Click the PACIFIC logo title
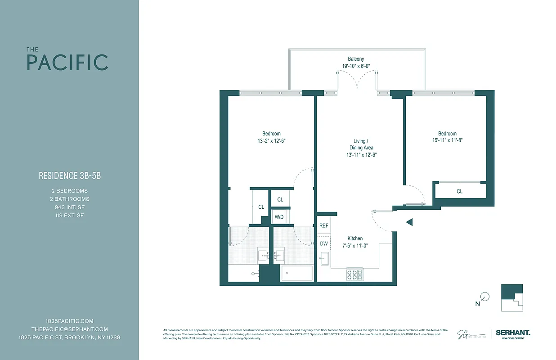coord(67,62)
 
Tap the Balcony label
coord(355,59)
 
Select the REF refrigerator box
coord(323,225)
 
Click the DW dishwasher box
coord(323,243)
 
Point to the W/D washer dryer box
coord(279,217)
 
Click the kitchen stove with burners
coord(354,274)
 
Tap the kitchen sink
coord(325,258)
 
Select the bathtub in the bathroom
coord(296,273)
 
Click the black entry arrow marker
coord(409,222)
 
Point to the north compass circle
coord(485,297)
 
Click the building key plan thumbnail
coord(512,297)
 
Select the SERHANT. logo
coord(513,333)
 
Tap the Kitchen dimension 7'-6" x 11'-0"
coord(355,246)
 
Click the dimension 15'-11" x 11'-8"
coord(447,140)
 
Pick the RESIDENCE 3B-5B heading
coord(70,176)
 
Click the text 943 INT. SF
coord(70,207)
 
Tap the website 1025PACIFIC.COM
coord(70,321)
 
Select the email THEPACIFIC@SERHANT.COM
coord(70,329)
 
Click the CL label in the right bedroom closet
coord(459,191)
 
